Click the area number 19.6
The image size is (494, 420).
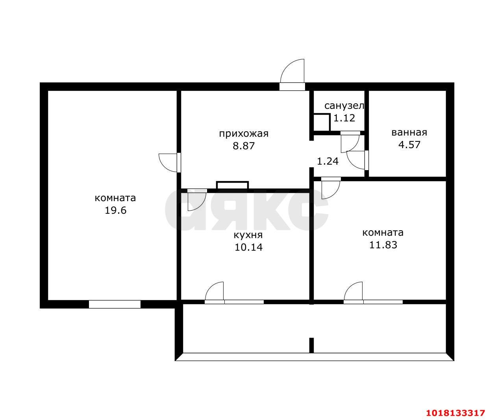click(x=115, y=210)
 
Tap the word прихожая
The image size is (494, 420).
click(x=244, y=134)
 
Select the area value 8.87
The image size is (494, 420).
click(x=244, y=146)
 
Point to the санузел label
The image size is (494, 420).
click(x=344, y=106)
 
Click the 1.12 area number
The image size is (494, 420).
click(x=344, y=118)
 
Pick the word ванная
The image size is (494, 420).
click(x=409, y=133)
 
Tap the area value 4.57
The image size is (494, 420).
click(x=409, y=145)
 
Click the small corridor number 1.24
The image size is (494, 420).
click(x=327, y=161)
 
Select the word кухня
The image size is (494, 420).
click(x=248, y=235)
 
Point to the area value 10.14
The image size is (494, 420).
click(x=248, y=248)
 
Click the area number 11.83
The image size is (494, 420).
click(x=383, y=245)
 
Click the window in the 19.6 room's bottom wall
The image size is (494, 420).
click(x=115, y=304)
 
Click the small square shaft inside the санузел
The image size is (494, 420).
click(x=322, y=122)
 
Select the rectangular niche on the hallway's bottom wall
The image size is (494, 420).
click(x=232, y=185)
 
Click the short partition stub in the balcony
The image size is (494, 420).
click(x=311, y=345)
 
